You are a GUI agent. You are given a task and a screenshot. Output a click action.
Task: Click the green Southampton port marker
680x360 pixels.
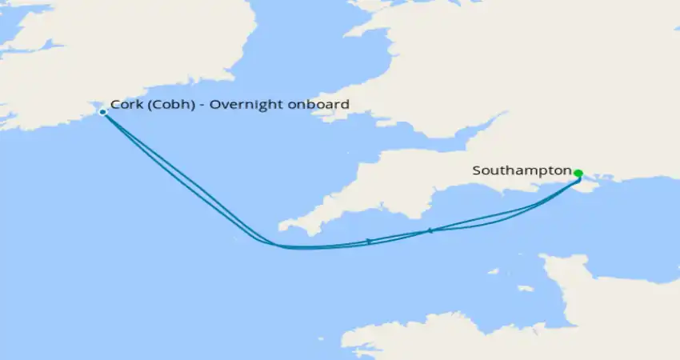(578, 173)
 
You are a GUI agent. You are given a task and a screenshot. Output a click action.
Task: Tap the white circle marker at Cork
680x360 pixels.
(102, 112)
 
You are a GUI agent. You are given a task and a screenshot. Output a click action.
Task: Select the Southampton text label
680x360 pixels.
(522, 170)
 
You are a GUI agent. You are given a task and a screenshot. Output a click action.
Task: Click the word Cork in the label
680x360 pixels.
(125, 105)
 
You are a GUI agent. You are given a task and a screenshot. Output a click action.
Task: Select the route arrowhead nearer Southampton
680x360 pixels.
(430, 230)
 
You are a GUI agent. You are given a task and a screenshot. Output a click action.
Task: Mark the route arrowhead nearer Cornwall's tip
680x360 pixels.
(368, 241)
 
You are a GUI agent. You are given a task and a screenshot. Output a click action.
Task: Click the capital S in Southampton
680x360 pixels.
(477, 170)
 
